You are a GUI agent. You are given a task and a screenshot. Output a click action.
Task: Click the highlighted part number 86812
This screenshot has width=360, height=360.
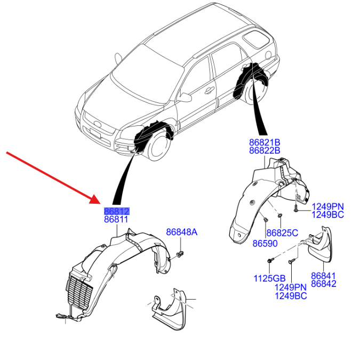click(x=117, y=212)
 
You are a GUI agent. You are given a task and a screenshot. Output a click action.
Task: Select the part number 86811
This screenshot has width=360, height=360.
click(x=117, y=220)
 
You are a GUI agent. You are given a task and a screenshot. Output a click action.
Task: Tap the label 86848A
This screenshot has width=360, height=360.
click(x=181, y=232)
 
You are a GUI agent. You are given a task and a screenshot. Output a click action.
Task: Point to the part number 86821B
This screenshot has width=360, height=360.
click(x=265, y=142)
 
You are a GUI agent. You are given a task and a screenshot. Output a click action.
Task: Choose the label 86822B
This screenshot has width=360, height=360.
click(x=265, y=150)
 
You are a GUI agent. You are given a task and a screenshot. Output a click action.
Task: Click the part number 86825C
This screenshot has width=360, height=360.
click(x=282, y=233)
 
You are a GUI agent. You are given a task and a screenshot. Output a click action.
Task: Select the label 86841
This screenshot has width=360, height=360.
click(x=324, y=276)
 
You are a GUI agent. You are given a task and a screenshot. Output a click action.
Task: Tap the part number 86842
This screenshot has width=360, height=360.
click(x=324, y=284)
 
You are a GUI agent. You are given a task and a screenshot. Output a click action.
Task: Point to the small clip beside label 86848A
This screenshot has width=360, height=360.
click(x=181, y=253)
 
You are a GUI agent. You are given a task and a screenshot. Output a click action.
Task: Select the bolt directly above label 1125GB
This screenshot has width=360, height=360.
click(x=270, y=261)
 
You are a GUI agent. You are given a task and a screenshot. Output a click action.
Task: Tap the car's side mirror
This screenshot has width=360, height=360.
click(x=185, y=98)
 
